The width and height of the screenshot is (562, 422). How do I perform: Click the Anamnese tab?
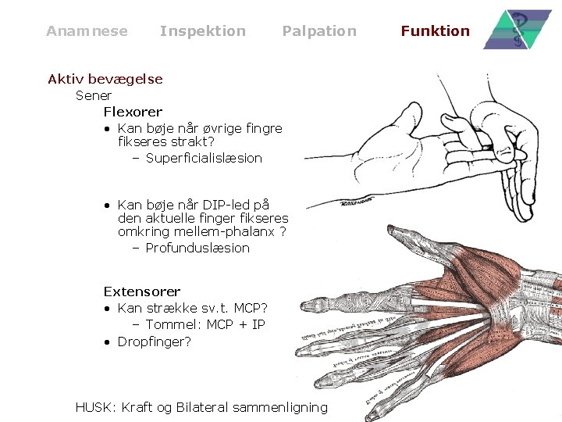(87, 31)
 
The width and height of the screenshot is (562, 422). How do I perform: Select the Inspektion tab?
(202, 31)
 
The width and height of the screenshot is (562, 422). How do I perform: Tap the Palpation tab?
(318, 31)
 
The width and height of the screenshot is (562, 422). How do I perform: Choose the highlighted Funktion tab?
(435, 31)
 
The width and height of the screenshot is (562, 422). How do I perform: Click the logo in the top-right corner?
(518, 30)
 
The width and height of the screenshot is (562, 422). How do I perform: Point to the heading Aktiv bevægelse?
(105, 79)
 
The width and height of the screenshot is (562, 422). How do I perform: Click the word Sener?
(94, 95)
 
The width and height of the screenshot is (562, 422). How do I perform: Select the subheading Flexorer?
(133, 112)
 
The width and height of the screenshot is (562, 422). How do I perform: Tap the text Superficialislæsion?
(204, 158)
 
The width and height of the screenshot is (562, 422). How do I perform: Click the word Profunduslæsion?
(197, 248)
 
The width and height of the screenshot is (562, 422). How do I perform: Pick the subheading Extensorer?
(142, 291)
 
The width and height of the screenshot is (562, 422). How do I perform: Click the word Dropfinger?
(154, 342)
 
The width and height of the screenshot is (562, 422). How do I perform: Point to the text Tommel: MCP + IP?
(205, 324)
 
